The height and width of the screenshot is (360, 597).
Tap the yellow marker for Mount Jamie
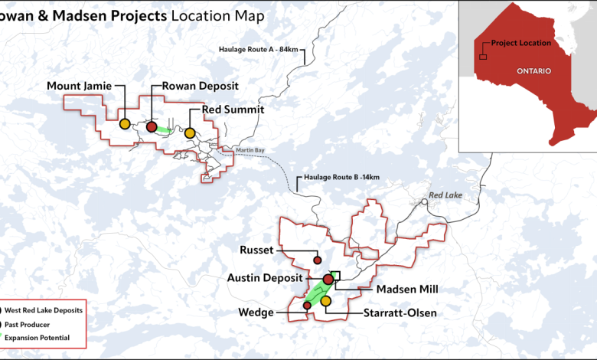124,123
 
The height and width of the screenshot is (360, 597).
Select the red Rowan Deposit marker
152,126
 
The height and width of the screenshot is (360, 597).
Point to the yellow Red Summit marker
190,133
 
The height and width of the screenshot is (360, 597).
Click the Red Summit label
233,110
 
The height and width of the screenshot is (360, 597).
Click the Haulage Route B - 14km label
341,178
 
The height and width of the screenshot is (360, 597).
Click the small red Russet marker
318,260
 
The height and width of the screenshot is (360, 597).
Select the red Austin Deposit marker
328,280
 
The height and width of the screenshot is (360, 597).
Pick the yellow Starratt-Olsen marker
325,302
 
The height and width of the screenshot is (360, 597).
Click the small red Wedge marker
307,306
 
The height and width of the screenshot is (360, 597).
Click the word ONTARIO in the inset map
531,70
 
